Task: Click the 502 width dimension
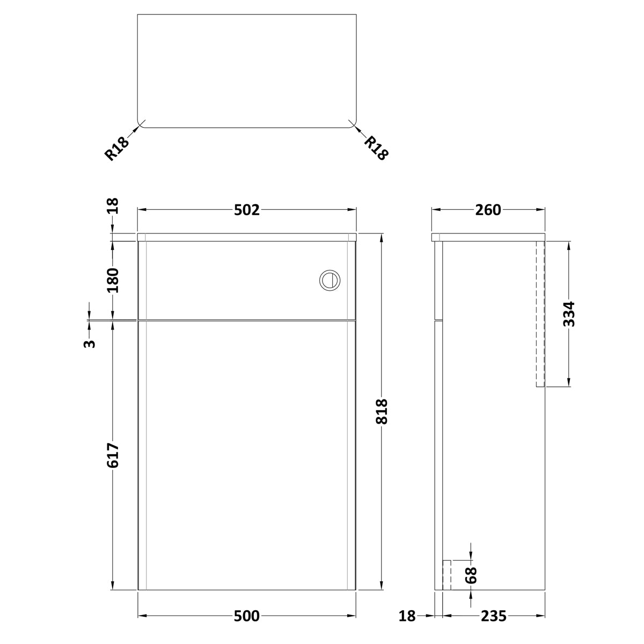coord(247,210)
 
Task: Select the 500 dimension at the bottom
coord(247,616)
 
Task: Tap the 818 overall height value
coord(382,412)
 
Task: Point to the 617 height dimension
coord(113,456)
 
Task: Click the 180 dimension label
coord(113,280)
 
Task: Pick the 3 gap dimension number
coord(89,343)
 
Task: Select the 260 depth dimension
coord(488,210)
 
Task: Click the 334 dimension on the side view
coord(569,314)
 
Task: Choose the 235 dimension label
coord(494,616)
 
